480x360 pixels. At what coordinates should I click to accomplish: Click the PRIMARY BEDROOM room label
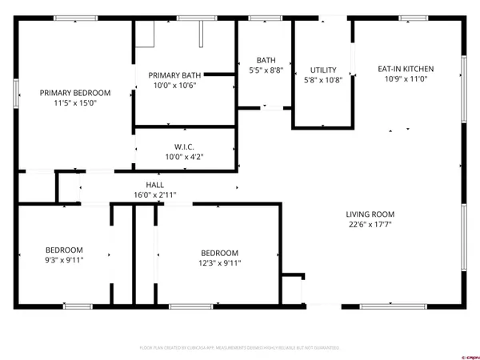[x=75, y=93]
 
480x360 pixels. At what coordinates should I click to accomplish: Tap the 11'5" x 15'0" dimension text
[x=75, y=103]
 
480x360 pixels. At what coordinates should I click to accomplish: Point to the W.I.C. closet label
[x=185, y=147]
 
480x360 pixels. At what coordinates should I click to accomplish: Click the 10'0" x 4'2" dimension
[x=185, y=158]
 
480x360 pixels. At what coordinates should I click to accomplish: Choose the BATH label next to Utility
[x=266, y=61]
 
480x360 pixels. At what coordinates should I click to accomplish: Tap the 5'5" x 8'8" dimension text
[x=266, y=70]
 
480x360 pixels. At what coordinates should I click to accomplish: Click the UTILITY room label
[x=323, y=70]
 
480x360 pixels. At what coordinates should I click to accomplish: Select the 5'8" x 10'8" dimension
[x=323, y=80]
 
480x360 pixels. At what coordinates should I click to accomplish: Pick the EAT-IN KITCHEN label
[x=407, y=69]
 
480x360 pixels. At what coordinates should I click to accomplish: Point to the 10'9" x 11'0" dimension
[x=407, y=79]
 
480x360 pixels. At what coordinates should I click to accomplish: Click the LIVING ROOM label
[x=370, y=214]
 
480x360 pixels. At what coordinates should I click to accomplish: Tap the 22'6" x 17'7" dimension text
[x=370, y=225]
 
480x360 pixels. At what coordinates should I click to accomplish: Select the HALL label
[x=155, y=185]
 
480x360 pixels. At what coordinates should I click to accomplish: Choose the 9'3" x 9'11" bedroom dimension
[x=64, y=259]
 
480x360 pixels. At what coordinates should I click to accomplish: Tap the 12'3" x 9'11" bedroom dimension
[x=219, y=263]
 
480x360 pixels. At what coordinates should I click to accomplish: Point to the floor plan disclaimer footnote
[x=239, y=348]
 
